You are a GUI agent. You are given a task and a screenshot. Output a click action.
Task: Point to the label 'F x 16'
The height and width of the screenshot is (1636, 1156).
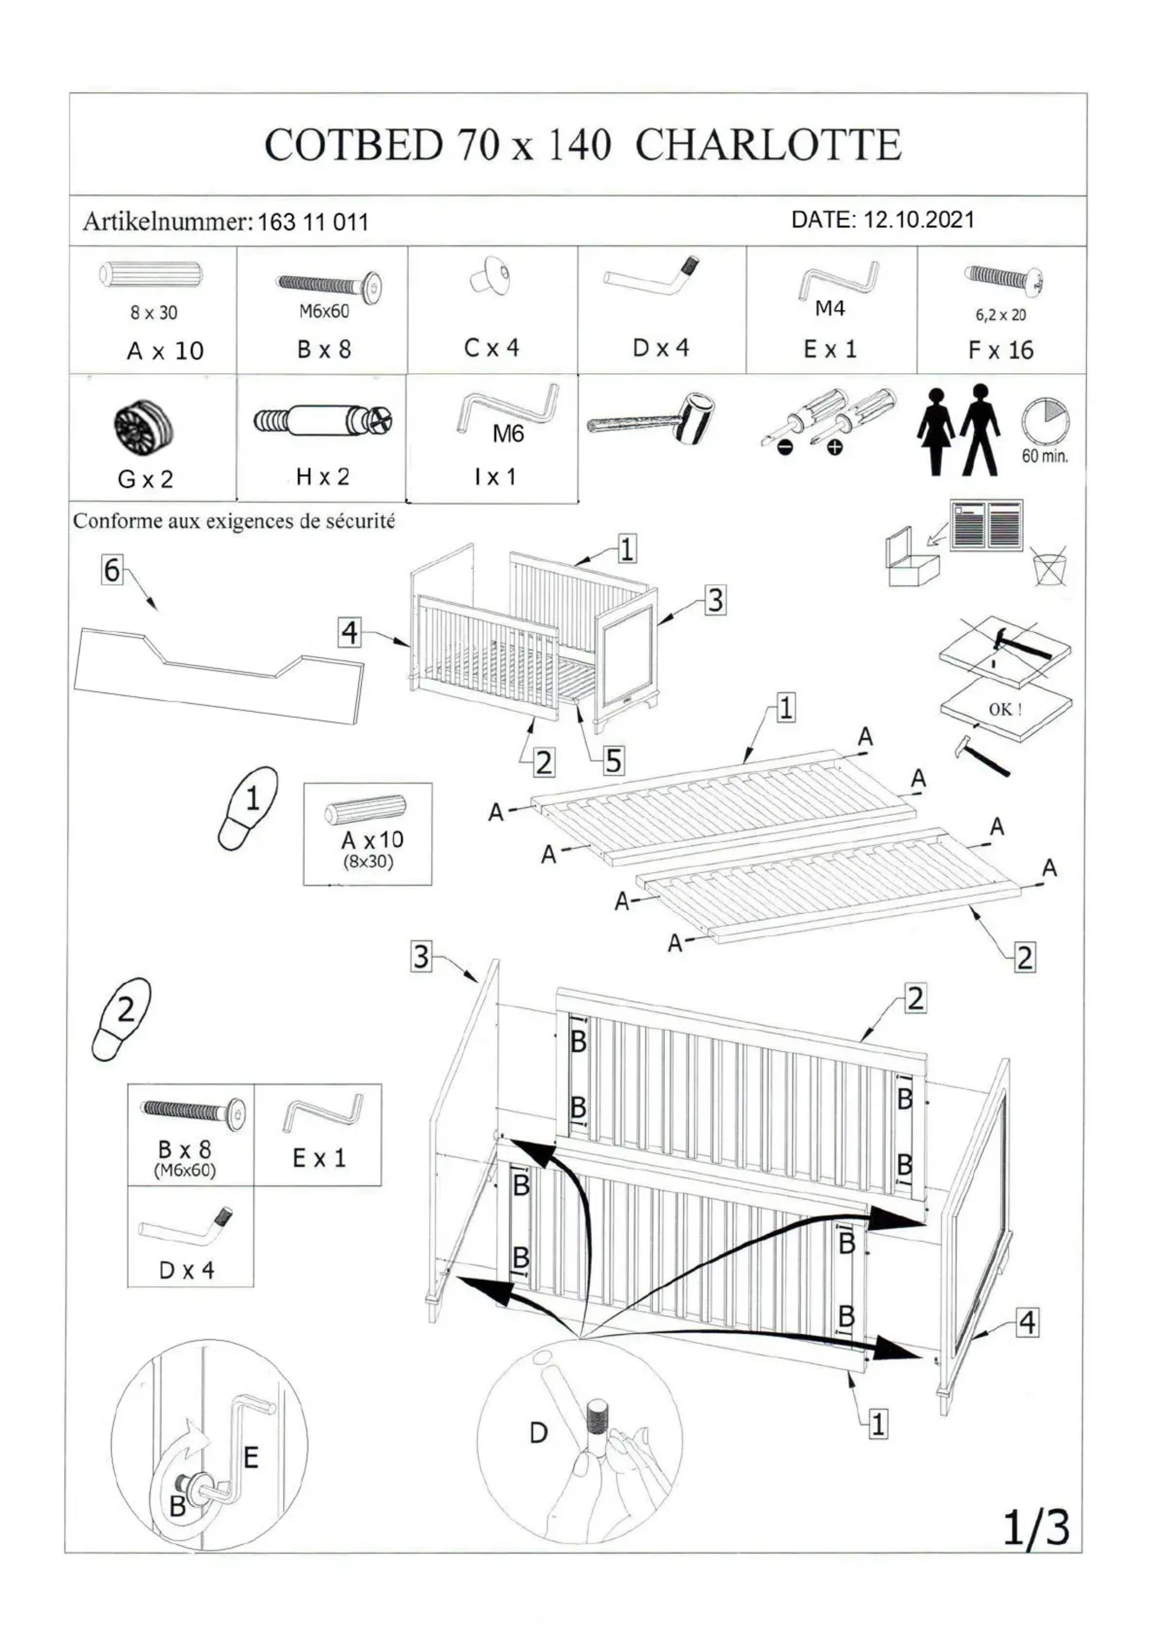[1001, 350]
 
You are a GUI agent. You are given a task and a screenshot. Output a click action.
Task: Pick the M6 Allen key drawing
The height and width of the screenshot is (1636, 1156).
[507, 410]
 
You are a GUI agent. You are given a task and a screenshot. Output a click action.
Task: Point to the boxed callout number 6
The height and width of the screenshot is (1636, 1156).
[112, 570]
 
